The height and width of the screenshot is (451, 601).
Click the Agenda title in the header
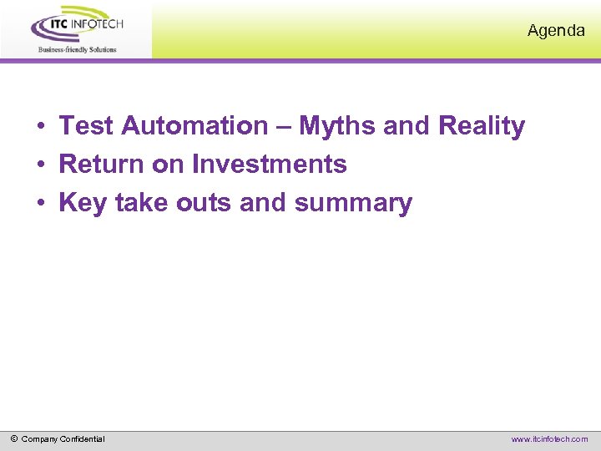(x=556, y=31)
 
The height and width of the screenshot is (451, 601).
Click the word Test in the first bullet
(x=87, y=126)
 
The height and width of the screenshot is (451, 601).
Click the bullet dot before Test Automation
(x=40, y=128)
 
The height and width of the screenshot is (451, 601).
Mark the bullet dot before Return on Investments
(x=40, y=166)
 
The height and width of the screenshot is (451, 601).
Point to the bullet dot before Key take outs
(x=40, y=205)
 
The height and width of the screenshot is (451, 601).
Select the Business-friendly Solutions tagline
(x=77, y=49)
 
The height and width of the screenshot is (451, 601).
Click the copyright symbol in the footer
(x=14, y=438)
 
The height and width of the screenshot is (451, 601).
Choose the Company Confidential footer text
(x=63, y=439)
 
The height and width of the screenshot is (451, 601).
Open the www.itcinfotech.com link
(x=549, y=439)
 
